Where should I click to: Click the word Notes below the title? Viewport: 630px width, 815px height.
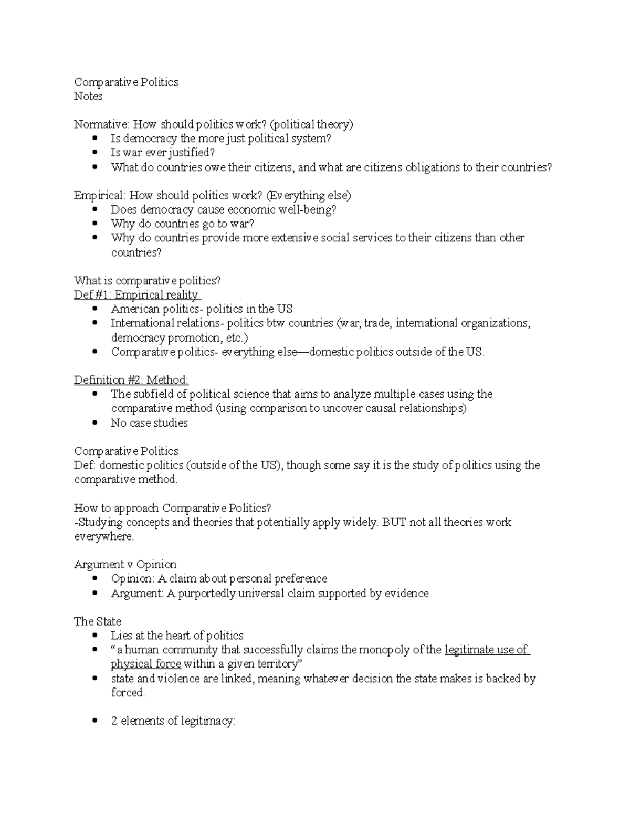click(x=88, y=96)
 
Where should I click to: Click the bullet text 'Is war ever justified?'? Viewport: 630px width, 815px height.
click(x=163, y=153)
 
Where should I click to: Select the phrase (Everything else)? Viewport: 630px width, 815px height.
click(x=308, y=196)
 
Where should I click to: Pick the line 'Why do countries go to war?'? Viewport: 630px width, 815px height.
click(x=182, y=224)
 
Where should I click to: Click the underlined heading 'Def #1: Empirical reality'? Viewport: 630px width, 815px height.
click(x=136, y=295)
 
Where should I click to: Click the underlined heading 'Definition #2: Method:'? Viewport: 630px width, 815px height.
click(x=131, y=380)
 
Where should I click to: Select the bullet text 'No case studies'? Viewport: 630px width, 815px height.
click(x=149, y=423)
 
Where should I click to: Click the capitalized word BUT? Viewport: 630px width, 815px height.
click(x=394, y=523)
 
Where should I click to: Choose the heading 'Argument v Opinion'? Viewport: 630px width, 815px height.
click(x=125, y=565)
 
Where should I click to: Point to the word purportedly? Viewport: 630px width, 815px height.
click(x=207, y=594)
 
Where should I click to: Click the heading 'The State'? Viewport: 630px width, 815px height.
click(x=98, y=622)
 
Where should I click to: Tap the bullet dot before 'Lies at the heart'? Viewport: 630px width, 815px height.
click(x=95, y=636)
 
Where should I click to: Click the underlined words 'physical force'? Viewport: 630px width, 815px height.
click(x=146, y=664)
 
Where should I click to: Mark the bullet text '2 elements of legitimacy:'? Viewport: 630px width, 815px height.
click(x=173, y=722)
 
